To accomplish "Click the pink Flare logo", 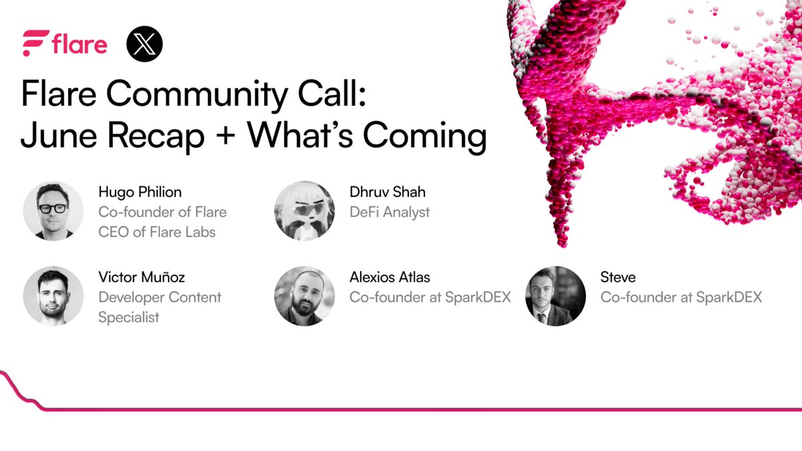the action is pos(65,43).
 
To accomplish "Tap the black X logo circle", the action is pos(144,43).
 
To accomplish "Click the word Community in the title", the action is pos(197,94).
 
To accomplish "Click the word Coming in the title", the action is pos(425,136).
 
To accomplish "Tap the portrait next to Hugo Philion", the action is pos(53,211).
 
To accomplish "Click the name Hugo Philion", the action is pos(140,192).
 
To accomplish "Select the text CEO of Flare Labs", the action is pos(157,232).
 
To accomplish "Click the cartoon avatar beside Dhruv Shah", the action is pos(305,211).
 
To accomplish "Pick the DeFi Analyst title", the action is pos(390,212).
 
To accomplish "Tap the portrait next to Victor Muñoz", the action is pos(53,296).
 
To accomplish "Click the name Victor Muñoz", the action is pos(142,277).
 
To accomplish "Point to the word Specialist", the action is pos(128,317).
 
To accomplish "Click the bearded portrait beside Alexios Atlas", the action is pos(305,296).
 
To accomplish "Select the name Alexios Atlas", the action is pos(390,277).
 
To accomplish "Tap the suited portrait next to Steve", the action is pos(555,296).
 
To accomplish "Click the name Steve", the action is pos(618,277).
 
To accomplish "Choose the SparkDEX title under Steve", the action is pos(681,297).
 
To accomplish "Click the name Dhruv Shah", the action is pos(388,192).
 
